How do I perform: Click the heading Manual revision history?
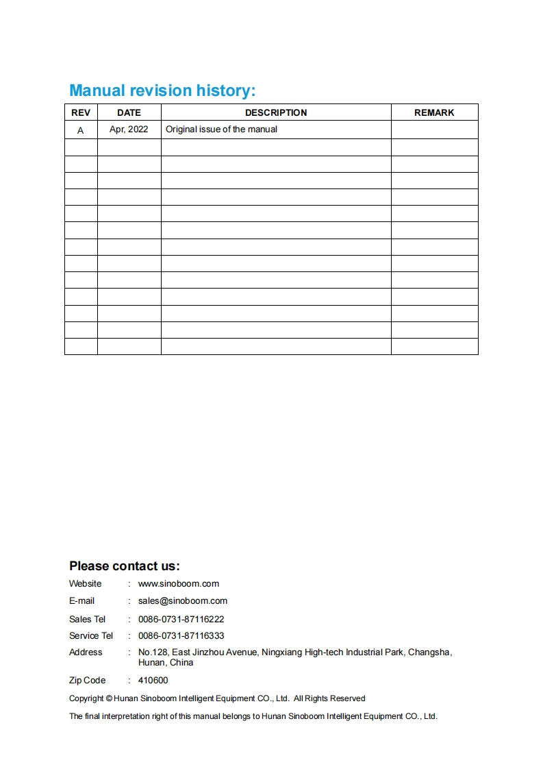162,90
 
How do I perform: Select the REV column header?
81,112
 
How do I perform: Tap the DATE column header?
129,112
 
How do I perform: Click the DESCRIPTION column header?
276,112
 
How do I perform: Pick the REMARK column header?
434,112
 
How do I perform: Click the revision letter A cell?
81,130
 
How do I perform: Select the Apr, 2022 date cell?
129,129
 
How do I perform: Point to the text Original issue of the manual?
221,129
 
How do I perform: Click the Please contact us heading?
124,566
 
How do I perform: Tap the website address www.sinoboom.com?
179,584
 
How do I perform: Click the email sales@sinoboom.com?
183,601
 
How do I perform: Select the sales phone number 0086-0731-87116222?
181,619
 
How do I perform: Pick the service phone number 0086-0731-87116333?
181,636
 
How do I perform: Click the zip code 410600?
153,681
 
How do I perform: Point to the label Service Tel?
91,636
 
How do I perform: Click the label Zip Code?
87,681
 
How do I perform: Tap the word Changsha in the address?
429,652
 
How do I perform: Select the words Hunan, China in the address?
166,663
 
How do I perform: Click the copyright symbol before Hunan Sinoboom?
110,698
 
